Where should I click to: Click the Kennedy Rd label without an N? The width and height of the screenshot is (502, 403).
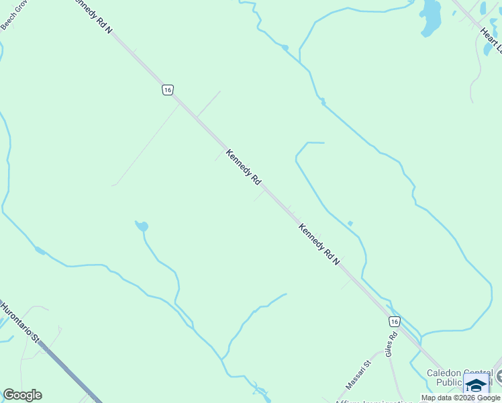[243, 167]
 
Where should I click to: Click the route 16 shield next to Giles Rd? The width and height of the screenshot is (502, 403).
[393, 322]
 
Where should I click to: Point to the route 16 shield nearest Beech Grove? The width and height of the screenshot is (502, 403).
[167, 89]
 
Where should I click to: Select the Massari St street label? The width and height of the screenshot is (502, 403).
[358, 375]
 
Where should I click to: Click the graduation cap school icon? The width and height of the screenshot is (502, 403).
[476, 386]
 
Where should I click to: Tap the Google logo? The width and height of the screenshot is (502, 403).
[22, 395]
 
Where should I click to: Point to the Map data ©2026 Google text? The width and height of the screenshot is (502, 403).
[460, 398]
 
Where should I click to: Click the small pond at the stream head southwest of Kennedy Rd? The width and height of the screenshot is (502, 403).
[142, 226]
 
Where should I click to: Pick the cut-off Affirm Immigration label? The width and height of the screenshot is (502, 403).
[372, 401]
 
